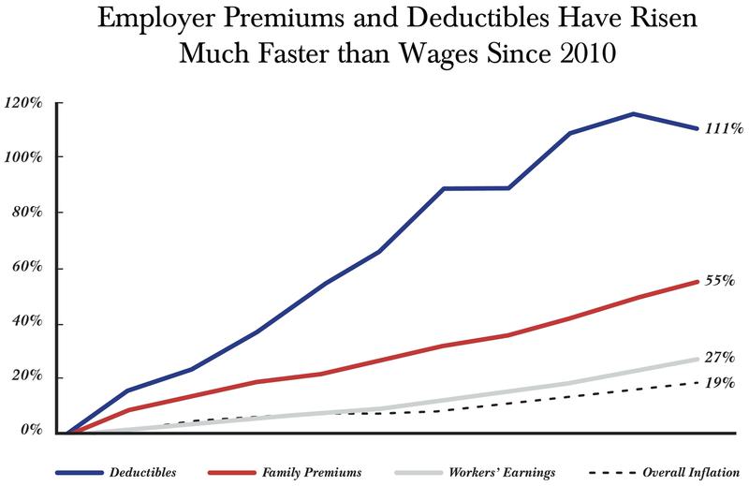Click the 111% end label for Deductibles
pyautogui.click(x=724, y=129)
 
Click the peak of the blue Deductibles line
pyautogui.click(x=633, y=114)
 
